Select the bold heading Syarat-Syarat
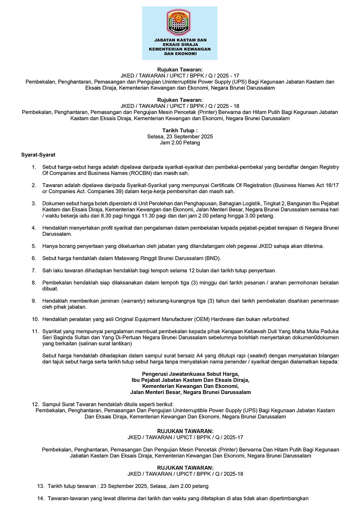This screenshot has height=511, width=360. click(x=38, y=155)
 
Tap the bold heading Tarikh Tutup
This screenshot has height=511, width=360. click(x=180, y=130)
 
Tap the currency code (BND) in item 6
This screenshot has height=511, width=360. click(x=212, y=258)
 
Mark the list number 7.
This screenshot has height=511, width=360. click(x=34, y=271)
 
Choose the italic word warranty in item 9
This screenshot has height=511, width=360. click(x=133, y=301)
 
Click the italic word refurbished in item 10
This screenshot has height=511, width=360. click(x=275, y=319)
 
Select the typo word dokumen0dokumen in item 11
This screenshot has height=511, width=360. click(x=318, y=338)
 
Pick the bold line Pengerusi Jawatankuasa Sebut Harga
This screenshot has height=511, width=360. click(x=190, y=374)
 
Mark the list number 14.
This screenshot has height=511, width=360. click(x=40, y=498)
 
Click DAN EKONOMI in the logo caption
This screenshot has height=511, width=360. click(x=180, y=54)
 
